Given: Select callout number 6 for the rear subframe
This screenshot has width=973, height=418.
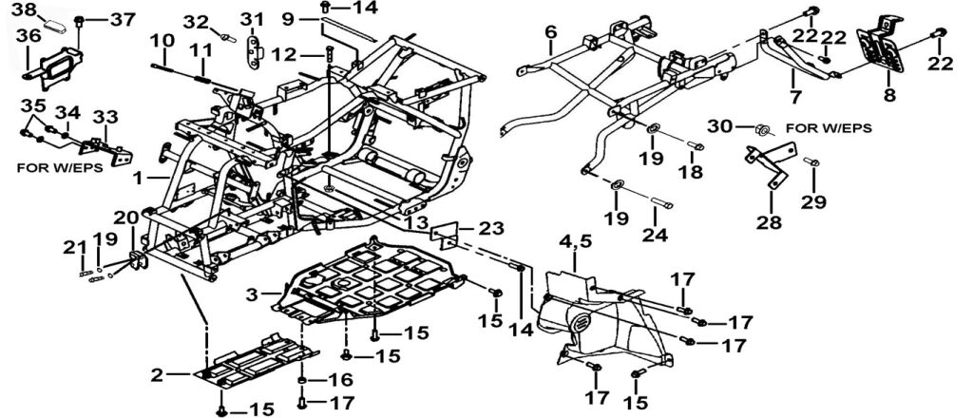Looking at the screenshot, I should click(x=550, y=33).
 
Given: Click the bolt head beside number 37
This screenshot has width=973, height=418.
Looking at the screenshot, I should click(x=79, y=20).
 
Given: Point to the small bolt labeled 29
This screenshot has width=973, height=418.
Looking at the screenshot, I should click(x=812, y=163).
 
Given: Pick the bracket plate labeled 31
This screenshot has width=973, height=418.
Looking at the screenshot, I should click(x=254, y=48).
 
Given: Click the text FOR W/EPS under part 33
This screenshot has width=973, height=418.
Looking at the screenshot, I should click(x=60, y=164).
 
